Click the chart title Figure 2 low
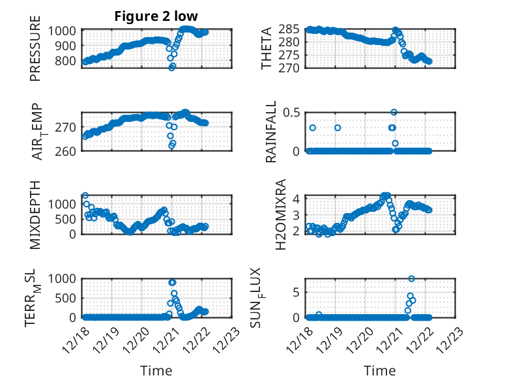coord(156,16)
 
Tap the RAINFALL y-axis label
coord(270,132)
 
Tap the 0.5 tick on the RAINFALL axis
coord(291,113)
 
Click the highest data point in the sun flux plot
coord(412,278)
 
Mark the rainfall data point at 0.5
coord(394,112)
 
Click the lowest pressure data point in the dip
coord(172,67)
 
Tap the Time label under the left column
coord(156,371)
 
